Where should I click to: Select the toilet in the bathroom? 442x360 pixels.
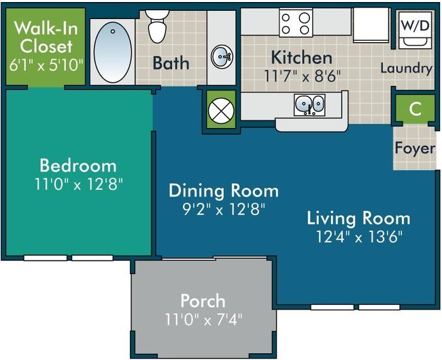(x=158, y=25)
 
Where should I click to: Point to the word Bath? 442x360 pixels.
(x=171, y=63)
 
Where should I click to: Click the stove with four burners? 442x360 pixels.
(x=296, y=22)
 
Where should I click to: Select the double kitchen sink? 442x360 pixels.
(x=309, y=104)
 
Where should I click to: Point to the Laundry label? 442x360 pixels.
(x=406, y=68)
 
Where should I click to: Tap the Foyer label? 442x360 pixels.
(x=415, y=148)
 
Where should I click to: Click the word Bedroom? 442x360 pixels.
(x=78, y=165)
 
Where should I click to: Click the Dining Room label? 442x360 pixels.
(x=224, y=190)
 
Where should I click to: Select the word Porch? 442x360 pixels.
(x=203, y=300)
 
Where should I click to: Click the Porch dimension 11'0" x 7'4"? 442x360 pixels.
(x=203, y=317)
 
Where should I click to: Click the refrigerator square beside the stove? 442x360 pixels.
(x=370, y=25)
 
